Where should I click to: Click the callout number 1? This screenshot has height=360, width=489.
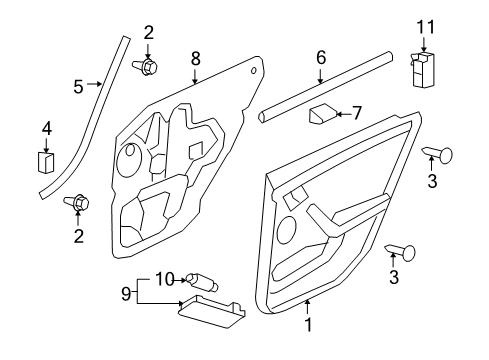(308, 326)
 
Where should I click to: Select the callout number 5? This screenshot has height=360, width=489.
(79, 86)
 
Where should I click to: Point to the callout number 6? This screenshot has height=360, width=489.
(321, 58)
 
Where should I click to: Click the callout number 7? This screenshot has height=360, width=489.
(357, 114)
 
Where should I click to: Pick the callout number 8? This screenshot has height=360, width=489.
(196, 59)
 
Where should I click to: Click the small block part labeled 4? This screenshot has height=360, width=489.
(46, 161)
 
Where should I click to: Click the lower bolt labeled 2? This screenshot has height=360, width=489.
(78, 205)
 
